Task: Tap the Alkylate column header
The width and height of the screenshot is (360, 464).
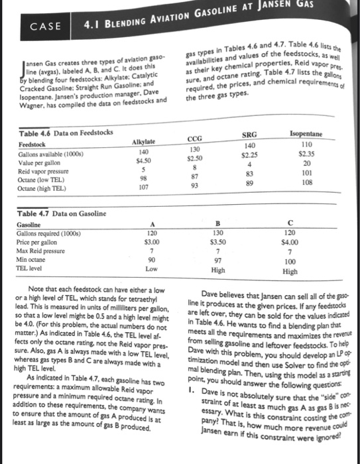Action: pyautogui.click(x=144, y=142)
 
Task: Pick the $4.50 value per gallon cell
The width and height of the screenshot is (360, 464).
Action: pyautogui.click(x=145, y=160)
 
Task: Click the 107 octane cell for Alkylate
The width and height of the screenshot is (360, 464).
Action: pyautogui.click(x=144, y=187)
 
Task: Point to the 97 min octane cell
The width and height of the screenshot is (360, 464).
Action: pyautogui.click(x=217, y=261)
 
